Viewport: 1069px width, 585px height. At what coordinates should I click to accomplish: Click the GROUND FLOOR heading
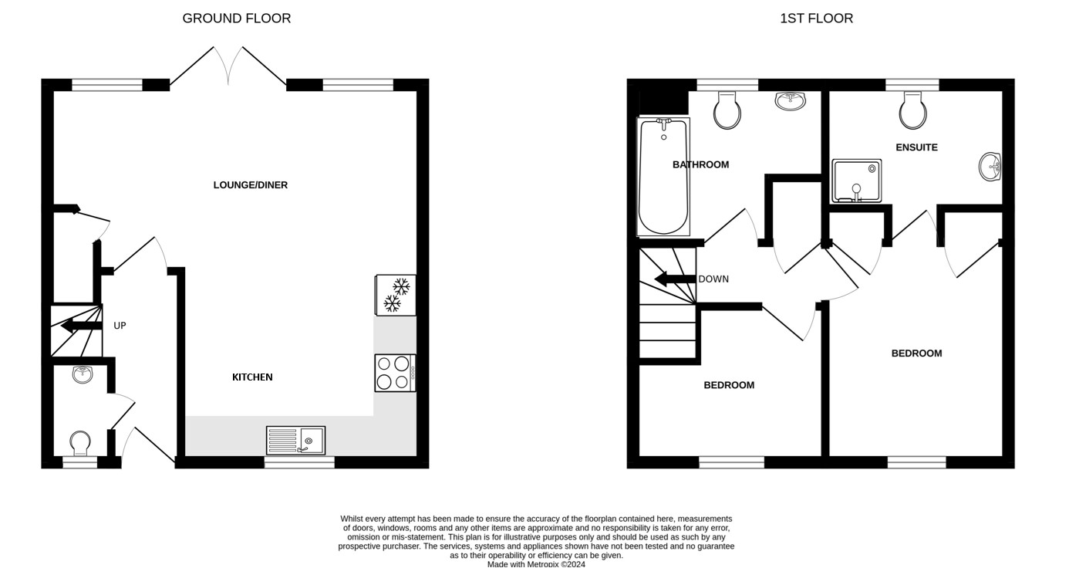(236, 19)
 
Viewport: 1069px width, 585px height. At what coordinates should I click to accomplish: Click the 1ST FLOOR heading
(816, 19)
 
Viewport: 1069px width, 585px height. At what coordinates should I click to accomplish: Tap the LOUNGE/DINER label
(250, 184)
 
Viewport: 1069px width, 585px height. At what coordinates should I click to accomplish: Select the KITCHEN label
(252, 377)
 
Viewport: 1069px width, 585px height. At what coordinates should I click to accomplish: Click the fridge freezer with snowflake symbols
(396, 295)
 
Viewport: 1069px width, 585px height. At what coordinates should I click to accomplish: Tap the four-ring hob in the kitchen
(395, 373)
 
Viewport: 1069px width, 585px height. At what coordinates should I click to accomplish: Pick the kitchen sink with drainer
(296, 441)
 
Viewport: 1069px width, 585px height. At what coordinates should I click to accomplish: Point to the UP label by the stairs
(120, 326)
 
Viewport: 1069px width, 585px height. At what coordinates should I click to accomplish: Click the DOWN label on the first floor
(713, 279)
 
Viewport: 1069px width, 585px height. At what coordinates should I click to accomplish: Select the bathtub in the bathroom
(663, 177)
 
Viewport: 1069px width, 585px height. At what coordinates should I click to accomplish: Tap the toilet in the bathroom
(727, 110)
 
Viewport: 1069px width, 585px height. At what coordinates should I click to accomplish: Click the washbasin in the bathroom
(791, 101)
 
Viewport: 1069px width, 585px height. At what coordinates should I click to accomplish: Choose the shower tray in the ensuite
(857, 181)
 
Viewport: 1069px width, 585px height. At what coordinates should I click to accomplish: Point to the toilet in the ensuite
(913, 110)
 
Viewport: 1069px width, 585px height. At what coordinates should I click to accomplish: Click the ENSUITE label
(916, 147)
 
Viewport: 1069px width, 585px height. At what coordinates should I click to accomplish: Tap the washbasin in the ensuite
(990, 167)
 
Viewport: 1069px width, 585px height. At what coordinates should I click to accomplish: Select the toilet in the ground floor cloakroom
(79, 444)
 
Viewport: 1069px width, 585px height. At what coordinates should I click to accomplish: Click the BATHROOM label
(700, 164)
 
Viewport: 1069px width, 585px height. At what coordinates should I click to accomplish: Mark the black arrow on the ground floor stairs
(81, 326)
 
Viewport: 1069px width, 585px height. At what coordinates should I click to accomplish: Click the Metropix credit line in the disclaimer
(536, 564)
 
